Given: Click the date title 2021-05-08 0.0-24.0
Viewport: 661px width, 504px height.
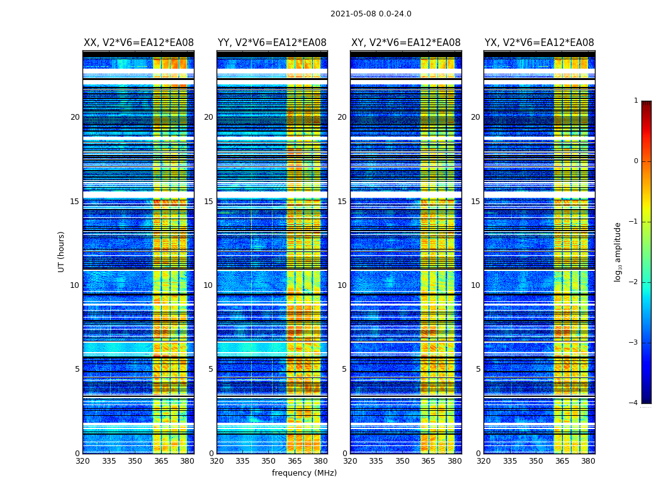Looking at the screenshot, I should pyautogui.click(x=371, y=14).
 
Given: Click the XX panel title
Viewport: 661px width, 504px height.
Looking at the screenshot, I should pyautogui.click(x=138, y=43).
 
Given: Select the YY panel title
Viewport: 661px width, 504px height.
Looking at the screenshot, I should pyautogui.click(x=272, y=43).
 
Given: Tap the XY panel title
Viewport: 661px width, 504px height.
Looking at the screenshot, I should pyautogui.click(x=405, y=43).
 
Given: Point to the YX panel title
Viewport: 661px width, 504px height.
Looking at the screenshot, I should pyautogui.click(x=539, y=43).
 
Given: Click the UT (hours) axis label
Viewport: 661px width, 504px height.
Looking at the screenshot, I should pyautogui.click(x=62, y=251).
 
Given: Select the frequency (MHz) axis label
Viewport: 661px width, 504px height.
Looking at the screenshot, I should pyautogui.click(x=304, y=473).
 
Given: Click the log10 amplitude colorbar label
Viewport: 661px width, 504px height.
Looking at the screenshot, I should pyautogui.click(x=618, y=251).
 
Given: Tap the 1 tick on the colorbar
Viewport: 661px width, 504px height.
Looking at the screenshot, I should pyautogui.click(x=636, y=101).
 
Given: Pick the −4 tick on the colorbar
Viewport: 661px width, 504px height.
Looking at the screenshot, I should pyautogui.click(x=634, y=403).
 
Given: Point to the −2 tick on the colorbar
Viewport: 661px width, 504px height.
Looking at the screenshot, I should pyautogui.click(x=634, y=282).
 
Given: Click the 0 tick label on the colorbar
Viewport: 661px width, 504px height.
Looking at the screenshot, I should pyautogui.click(x=636, y=161).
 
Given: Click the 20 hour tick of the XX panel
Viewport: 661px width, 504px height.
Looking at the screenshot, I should pyautogui.click(x=75, y=117).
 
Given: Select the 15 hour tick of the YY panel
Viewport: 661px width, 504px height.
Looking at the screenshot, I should pyautogui.click(x=208, y=202).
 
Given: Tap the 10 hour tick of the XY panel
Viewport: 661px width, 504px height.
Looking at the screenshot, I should pyautogui.click(x=342, y=285).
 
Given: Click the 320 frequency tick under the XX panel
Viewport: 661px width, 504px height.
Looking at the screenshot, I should pyautogui.click(x=82, y=461).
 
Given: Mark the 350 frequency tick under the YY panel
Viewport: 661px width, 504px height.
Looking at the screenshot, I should pyautogui.click(x=268, y=461).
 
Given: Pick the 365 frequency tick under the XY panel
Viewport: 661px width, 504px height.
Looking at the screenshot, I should pyautogui.click(x=428, y=461).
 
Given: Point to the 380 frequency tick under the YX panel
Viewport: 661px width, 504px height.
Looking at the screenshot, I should pyautogui.click(x=588, y=461).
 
